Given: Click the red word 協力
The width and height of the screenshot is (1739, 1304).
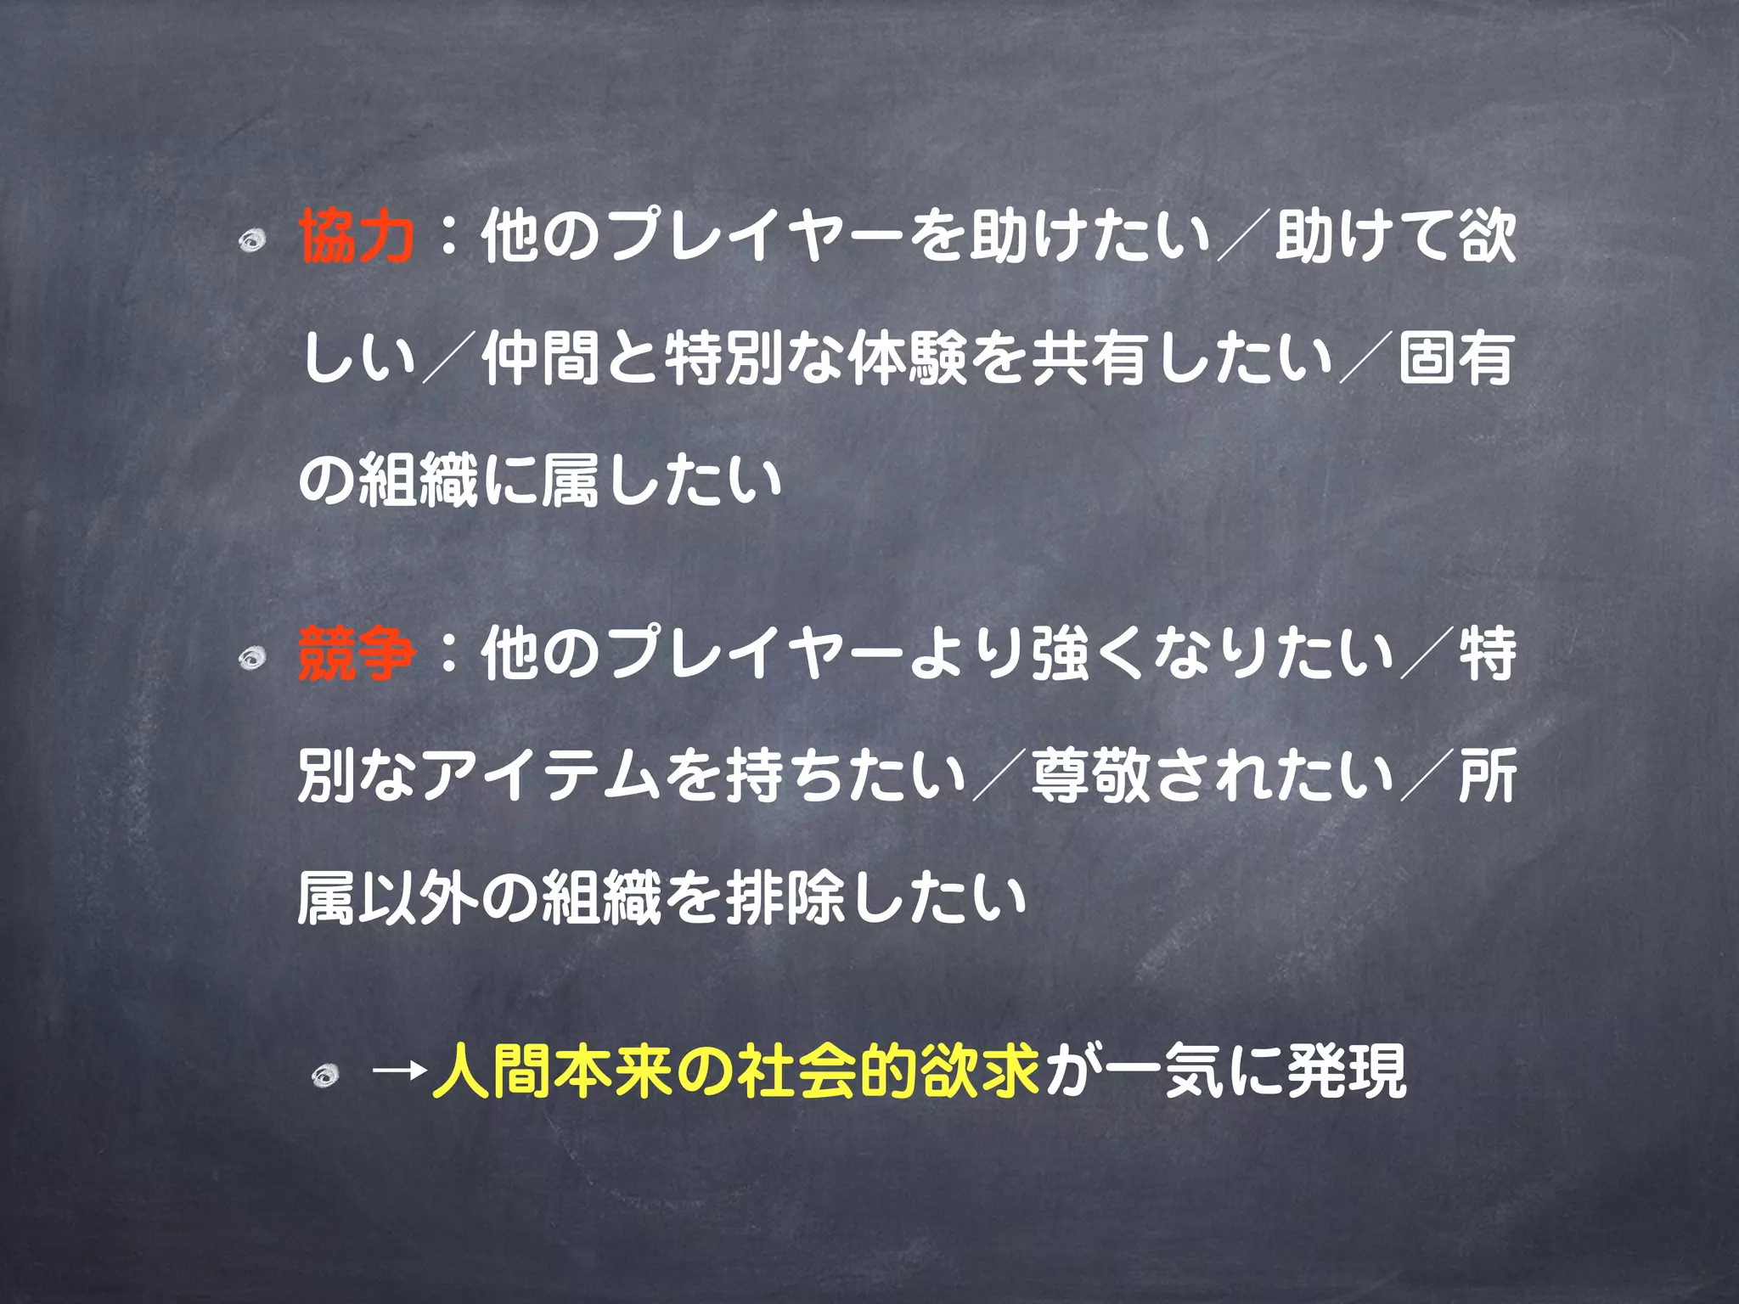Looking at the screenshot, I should [x=357, y=237].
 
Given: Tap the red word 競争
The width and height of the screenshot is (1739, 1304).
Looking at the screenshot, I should [x=357, y=655].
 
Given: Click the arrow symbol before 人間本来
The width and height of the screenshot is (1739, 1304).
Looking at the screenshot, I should [x=399, y=1071].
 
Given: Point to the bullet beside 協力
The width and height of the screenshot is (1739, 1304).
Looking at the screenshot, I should [x=251, y=242].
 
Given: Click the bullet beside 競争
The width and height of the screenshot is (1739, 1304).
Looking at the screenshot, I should [x=251, y=658].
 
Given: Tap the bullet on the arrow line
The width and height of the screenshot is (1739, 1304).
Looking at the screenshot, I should [x=325, y=1076].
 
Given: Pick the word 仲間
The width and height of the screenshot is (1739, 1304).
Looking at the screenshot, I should [x=543, y=359].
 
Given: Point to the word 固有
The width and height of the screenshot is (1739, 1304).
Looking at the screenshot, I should [x=1457, y=359].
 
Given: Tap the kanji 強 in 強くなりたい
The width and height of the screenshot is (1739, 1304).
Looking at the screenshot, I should [x=1061, y=655].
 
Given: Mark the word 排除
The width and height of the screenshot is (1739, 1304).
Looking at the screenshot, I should [x=786, y=897].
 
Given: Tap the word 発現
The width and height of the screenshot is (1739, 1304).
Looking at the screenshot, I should [x=1347, y=1071].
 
